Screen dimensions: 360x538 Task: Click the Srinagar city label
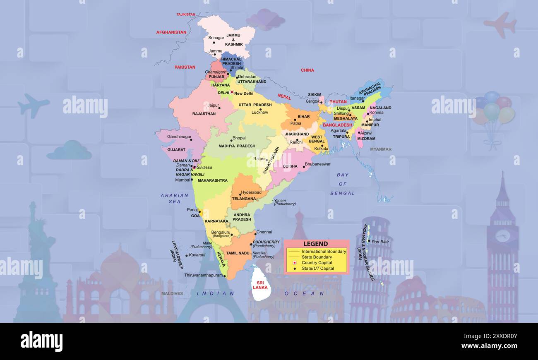tap(216, 38)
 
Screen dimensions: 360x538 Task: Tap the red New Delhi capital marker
tap(232, 92)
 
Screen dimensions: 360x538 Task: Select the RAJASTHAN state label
tap(204, 114)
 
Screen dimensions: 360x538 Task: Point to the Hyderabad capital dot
tap(240, 193)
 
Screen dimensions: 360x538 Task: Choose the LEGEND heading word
tap(315, 244)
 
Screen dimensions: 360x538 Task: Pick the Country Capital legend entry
tap(317, 263)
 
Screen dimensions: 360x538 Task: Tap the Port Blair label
tap(380, 242)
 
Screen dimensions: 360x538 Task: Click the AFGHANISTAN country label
tap(171, 32)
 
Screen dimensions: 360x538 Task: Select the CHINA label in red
tap(307, 70)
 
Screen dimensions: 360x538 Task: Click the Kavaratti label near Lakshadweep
tap(197, 255)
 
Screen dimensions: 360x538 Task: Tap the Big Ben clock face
tap(502, 236)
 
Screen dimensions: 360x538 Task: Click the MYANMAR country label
tap(380, 149)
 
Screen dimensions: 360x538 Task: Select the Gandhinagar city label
tap(179, 137)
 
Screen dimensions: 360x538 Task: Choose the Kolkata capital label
tap(321, 149)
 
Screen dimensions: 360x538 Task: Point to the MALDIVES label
tap(172, 294)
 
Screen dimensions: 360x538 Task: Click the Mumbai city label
tap(183, 180)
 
